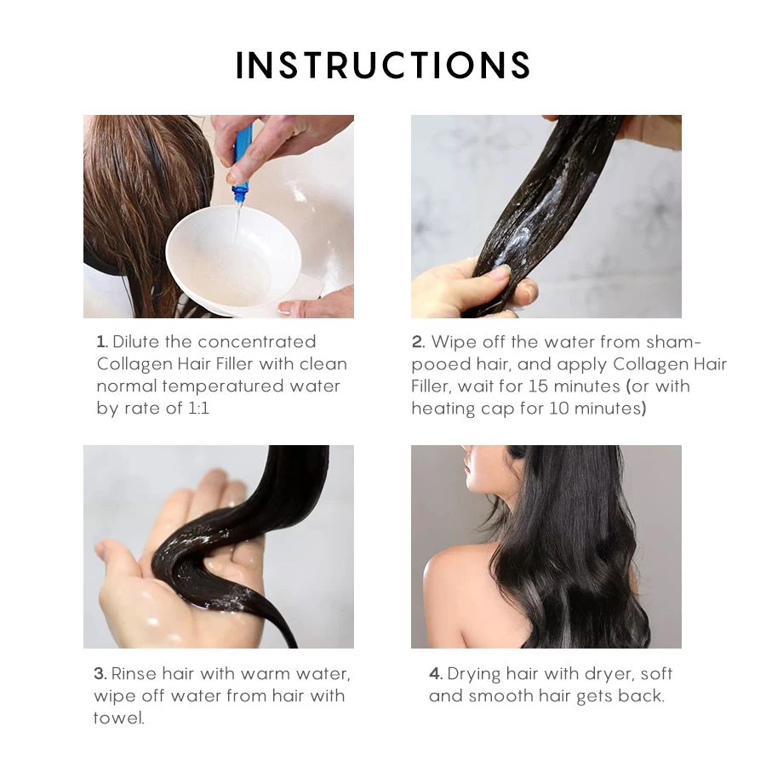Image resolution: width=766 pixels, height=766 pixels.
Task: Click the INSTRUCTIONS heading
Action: (x=383, y=65)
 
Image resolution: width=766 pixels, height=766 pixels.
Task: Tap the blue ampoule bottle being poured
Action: (x=243, y=161)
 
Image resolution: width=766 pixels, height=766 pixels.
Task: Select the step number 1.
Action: (x=101, y=341)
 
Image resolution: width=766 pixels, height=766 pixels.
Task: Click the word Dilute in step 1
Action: (x=136, y=341)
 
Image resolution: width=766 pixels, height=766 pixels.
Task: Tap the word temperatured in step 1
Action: (x=223, y=386)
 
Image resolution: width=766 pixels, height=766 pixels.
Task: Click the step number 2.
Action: (x=418, y=341)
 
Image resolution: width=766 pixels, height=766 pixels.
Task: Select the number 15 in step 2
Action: (x=538, y=386)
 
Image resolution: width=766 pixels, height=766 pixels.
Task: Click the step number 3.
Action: (x=100, y=674)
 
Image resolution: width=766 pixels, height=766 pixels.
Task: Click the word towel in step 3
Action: (x=118, y=718)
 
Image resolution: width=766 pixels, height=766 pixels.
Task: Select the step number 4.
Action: (x=436, y=674)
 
